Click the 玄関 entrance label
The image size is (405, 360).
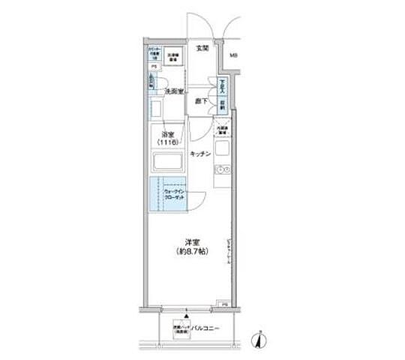tap(202, 49)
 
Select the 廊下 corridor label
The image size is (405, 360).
tap(202, 100)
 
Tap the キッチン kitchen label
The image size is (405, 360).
tap(199, 153)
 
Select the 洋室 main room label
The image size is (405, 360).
tap(193, 242)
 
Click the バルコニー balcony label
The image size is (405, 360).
tap(204, 328)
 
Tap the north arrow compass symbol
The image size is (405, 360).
tap(258, 340)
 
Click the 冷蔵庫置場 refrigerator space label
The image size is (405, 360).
tap(222, 130)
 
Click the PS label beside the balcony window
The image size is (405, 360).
tap(224, 303)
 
